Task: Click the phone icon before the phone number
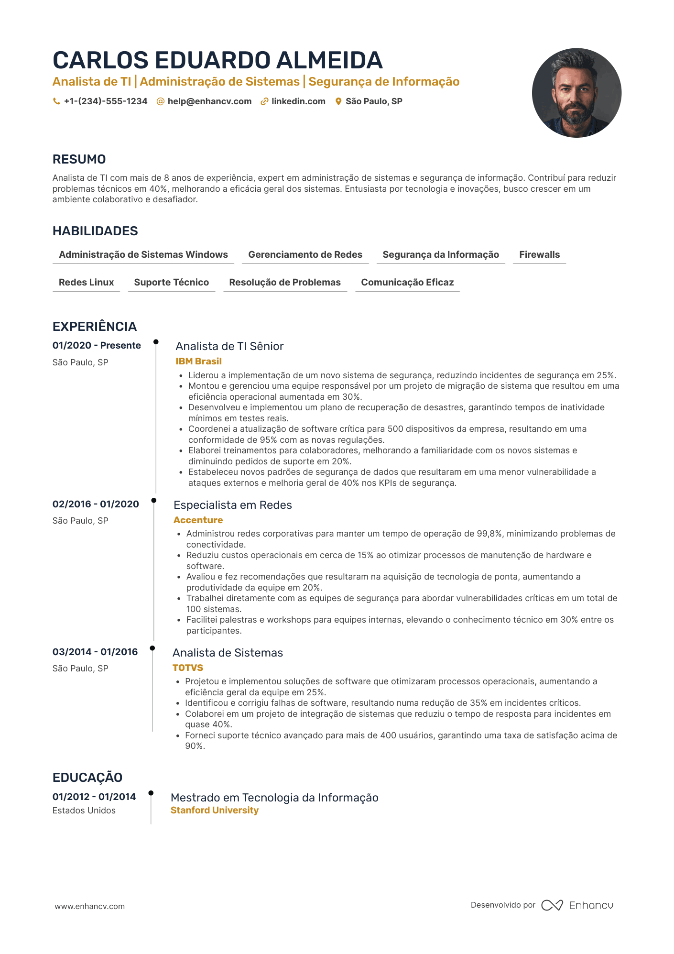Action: pyautogui.click(x=56, y=101)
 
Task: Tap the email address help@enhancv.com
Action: pyautogui.click(x=209, y=101)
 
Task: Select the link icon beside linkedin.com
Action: pyautogui.click(x=264, y=101)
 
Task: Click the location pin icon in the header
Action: pyautogui.click(x=338, y=101)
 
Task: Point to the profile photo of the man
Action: pyautogui.click(x=576, y=93)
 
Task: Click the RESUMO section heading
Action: pyautogui.click(x=79, y=159)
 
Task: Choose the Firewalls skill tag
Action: pyautogui.click(x=539, y=255)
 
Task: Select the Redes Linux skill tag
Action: pyautogui.click(x=86, y=283)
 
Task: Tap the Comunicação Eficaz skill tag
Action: pyautogui.click(x=407, y=283)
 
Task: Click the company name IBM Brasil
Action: pyautogui.click(x=198, y=362)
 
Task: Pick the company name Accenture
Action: pyautogui.click(x=198, y=520)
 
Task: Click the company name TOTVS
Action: pyautogui.click(x=188, y=668)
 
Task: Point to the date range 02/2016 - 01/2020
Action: pyautogui.click(x=96, y=504)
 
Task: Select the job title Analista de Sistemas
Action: pyautogui.click(x=228, y=653)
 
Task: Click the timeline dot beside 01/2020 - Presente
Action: pyautogui.click(x=156, y=342)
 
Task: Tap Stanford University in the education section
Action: pyautogui.click(x=215, y=811)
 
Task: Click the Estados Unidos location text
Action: pyautogui.click(x=84, y=811)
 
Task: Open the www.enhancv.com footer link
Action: pyautogui.click(x=89, y=906)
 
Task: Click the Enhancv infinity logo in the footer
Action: pyautogui.click(x=552, y=905)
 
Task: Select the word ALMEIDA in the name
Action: pyautogui.click(x=329, y=60)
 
